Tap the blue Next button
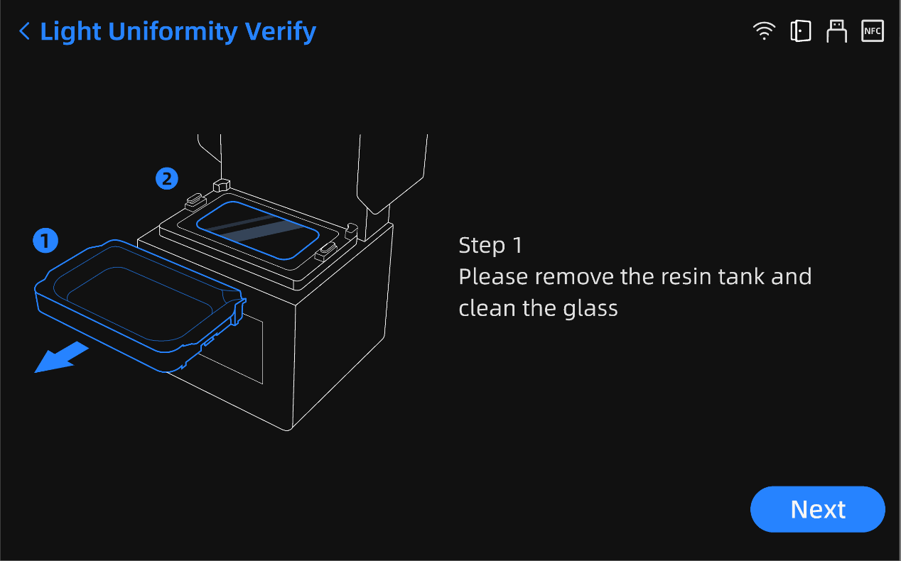point(817,509)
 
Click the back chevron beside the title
point(24,31)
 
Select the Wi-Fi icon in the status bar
point(764,31)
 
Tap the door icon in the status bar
point(800,31)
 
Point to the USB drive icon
point(836,31)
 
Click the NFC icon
point(872,31)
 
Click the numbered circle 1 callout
point(45,241)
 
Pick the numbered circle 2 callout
point(167,178)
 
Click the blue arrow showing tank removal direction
point(61,356)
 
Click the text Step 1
point(490,246)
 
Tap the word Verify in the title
point(281,32)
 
